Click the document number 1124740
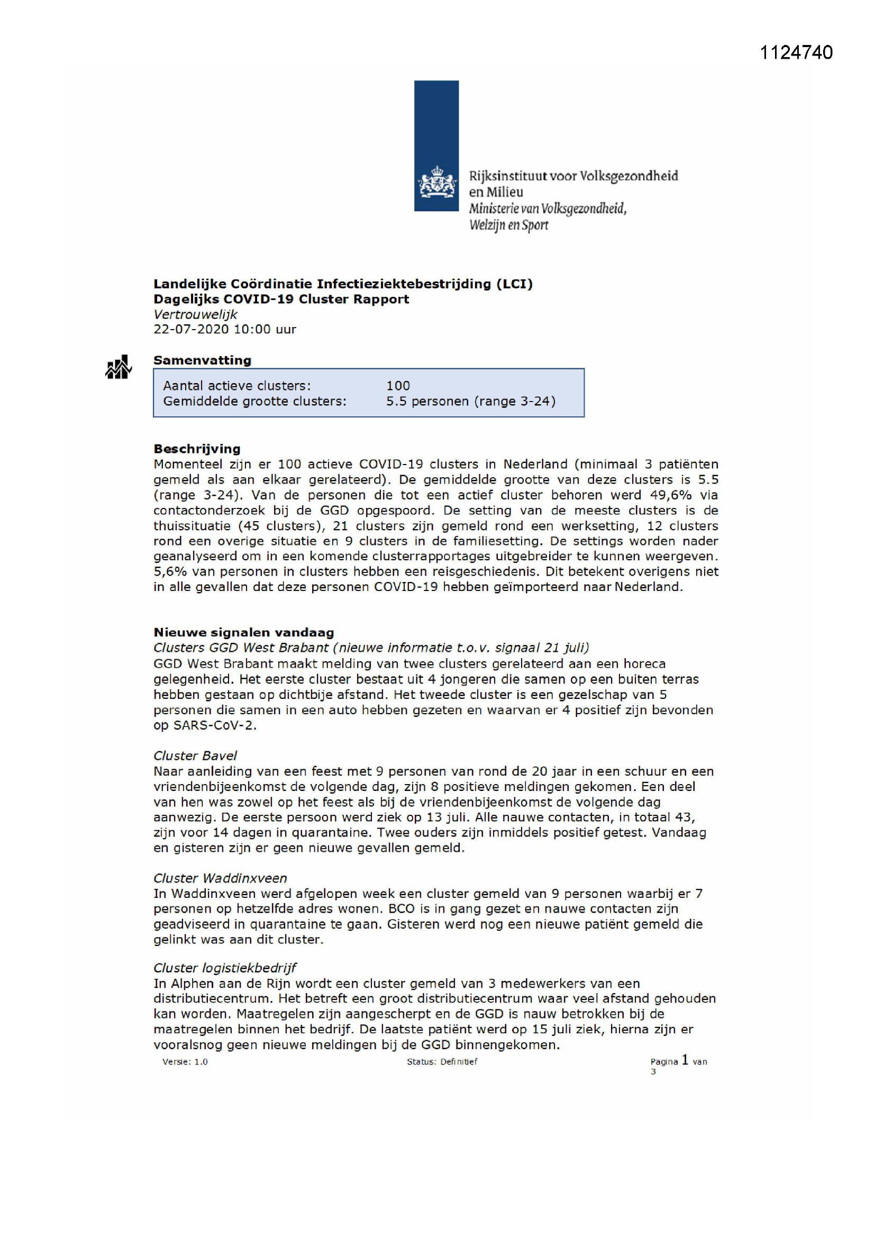pyautogui.click(x=796, y=52)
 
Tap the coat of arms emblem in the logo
pyautogui.click(x=436, y=182)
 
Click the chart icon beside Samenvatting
pyautogui.click(x=118, y=367)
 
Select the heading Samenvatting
pyautogui.click(x=202, y=360)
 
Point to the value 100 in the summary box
pyautogui.click(x=398, y=385)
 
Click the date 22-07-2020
pyautogui.click(x=191, y=329)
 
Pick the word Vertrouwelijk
pyautogui.click(x=195, y=314)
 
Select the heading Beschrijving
pyautogui.click(x=197, y=448)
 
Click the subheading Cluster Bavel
pyautogui.click(x=195, y=756)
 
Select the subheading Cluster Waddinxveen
pyautogui.click(x=220, y=878)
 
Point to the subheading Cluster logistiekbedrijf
pyautogui.click(x=225, y=968)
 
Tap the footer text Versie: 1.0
pyautogui.click(x=185, y=1061)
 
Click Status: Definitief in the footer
pyautogui.click(x=442, y=1061)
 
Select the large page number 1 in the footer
pyautogui.click(x=685, y=1060)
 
